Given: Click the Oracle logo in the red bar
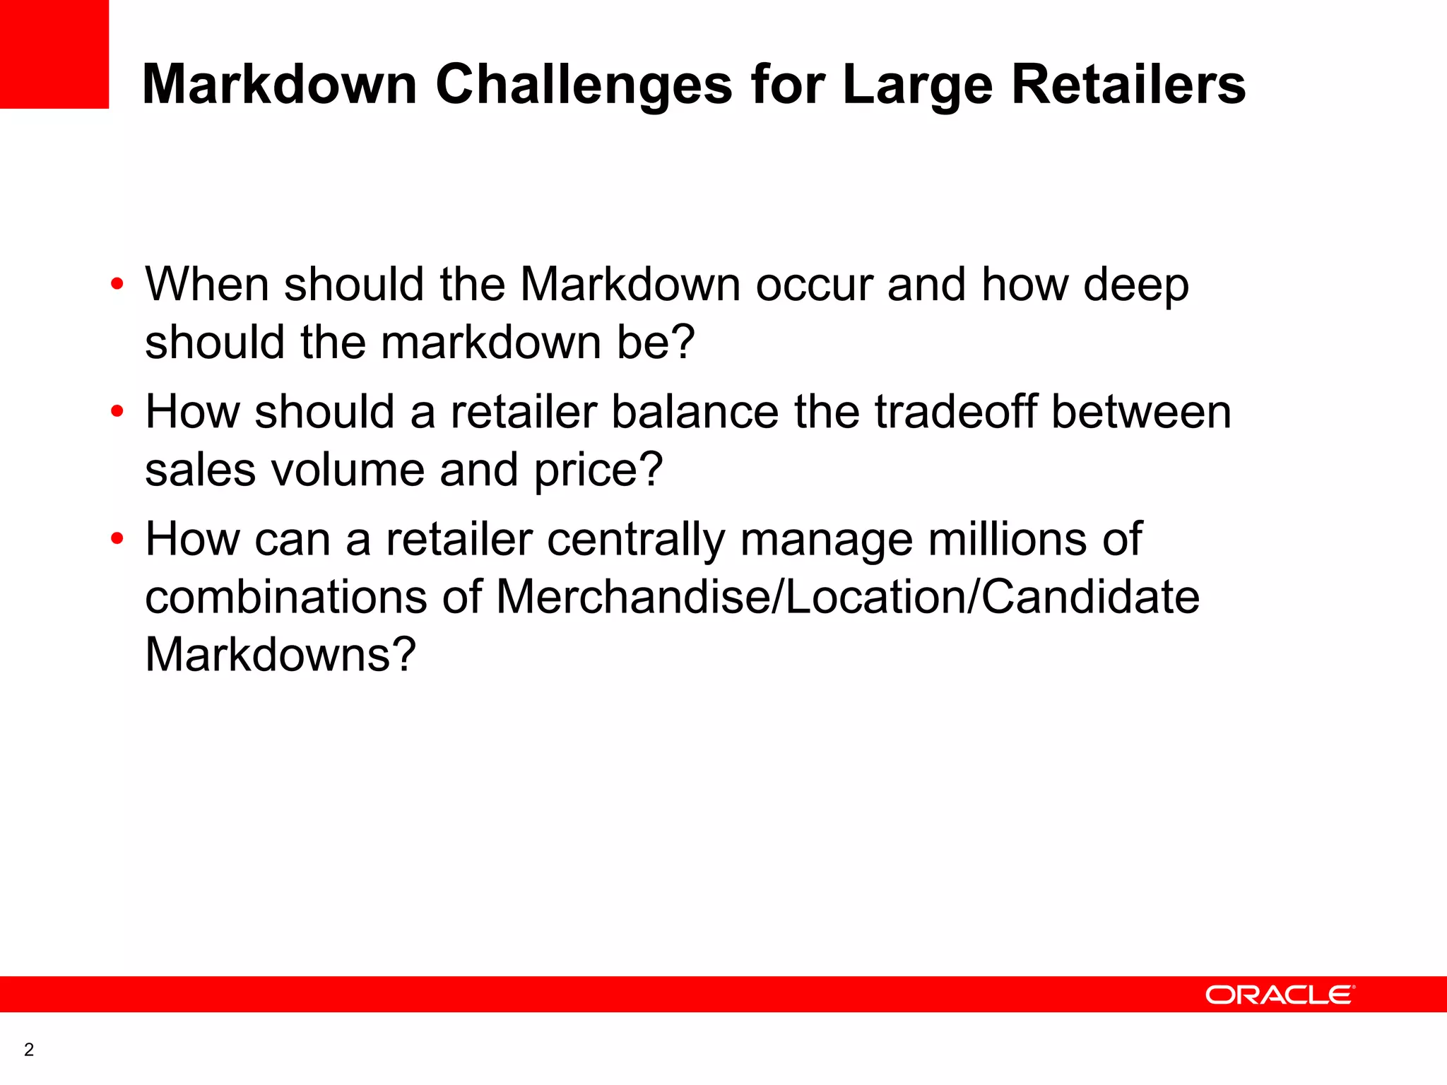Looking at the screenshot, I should (1280, 995).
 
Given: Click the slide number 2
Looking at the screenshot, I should (29, 1050).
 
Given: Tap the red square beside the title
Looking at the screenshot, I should (54, 54).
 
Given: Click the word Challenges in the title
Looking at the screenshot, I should (584, 85).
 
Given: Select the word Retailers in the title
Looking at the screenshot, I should (1128, 85).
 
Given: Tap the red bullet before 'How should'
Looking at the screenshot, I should (117, 411).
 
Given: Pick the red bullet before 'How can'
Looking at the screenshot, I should (117, 539).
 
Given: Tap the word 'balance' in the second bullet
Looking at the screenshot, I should (695, 411).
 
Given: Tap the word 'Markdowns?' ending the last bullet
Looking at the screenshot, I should (280, 654).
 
